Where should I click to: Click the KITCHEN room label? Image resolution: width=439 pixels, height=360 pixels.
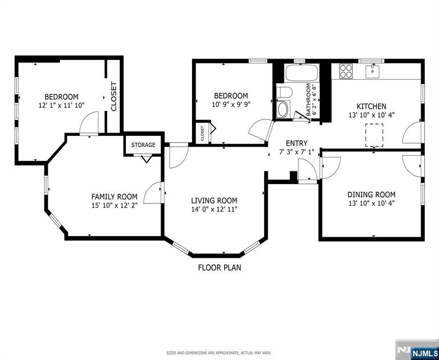coord(372,106)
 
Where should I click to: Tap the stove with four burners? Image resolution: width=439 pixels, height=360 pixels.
coord(346,71)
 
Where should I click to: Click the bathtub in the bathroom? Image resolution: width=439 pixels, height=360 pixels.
coord(302,73)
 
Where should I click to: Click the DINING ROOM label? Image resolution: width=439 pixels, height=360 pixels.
coord(371,195)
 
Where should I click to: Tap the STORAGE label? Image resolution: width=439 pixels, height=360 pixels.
coord(143,145)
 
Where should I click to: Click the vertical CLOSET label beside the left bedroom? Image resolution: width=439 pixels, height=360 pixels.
coord(113,97)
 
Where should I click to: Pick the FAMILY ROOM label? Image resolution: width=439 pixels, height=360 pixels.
coord(114,197)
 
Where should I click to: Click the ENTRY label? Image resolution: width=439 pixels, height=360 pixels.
coord(297,143)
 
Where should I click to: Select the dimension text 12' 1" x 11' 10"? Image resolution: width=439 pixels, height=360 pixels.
coord(61,105)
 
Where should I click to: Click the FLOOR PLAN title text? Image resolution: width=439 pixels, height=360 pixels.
coord(219,268)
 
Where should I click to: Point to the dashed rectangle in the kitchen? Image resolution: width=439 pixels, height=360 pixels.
coord(374,135)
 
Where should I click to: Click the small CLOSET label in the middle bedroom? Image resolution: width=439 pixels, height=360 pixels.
coord(202,134)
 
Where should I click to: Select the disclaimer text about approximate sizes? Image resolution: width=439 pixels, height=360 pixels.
coord(219,352)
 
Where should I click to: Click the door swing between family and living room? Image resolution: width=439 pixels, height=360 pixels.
coord(153,194)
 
